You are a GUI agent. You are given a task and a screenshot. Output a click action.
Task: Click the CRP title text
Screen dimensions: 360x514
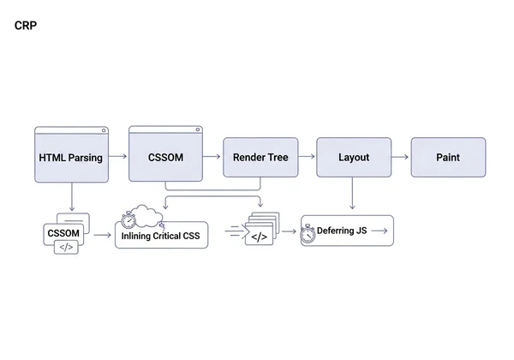point(26,26)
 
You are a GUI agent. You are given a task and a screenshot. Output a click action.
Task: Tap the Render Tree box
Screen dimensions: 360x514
point(260,158)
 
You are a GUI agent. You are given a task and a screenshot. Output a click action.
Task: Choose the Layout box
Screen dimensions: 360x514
point(353,158)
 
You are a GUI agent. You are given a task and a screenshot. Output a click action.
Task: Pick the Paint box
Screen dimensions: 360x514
point(448,158)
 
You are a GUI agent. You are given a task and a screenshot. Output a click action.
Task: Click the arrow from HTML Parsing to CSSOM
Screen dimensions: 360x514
point(119,157)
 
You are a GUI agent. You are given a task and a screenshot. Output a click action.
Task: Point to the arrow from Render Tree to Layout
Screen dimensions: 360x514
point(306,157)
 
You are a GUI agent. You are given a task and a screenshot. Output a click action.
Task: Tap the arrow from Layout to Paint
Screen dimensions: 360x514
point(400,157)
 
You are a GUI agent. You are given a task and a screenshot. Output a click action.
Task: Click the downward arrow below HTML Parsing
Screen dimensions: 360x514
point(72,197)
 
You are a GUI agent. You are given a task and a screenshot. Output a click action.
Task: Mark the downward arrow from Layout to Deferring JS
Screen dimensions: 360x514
point(353,195)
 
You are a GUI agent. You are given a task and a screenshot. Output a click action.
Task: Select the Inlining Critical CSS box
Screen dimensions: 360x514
point(161,236)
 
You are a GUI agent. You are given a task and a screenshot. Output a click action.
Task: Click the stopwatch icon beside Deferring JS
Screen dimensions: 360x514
point(308,233)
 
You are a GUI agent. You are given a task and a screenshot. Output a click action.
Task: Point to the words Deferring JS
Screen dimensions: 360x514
point(342,231)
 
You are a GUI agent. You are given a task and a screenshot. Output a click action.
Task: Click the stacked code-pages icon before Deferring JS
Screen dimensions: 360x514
point(260,232)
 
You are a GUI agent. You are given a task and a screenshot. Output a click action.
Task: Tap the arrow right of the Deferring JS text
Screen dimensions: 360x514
point(380,231)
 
